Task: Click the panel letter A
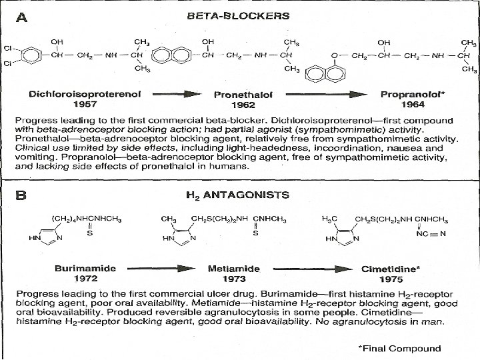(22, 20)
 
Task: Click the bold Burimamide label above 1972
(85, 268)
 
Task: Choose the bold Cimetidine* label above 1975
(391, 268)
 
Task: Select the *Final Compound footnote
(399, 348)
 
